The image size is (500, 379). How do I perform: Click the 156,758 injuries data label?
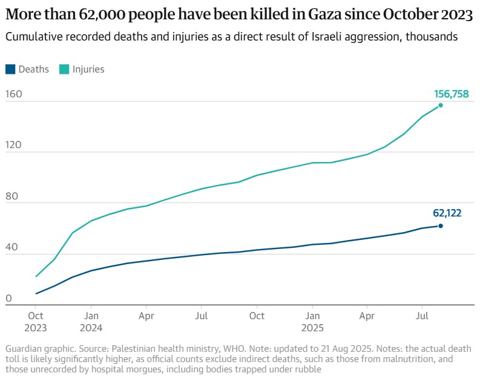tap(451, 94)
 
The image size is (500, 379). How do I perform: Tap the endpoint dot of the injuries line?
tap(440, 105)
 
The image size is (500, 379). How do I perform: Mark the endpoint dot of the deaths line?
tap(440, 226)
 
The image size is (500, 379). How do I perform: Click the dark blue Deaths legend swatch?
tap(10, 69)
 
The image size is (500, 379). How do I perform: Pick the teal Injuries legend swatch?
tap(64, 69)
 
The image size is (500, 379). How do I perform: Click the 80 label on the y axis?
tap(12, 196)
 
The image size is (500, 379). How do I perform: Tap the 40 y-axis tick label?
tap(12, 247)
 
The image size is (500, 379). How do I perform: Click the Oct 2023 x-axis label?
tap(36, 322)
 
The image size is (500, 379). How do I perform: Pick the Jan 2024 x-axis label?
tap(91, 322)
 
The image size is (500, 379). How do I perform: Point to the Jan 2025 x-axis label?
tap(312, 322)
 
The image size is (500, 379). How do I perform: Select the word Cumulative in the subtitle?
tap(31, 37)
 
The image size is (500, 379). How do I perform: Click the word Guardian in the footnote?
tap(22, 349)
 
